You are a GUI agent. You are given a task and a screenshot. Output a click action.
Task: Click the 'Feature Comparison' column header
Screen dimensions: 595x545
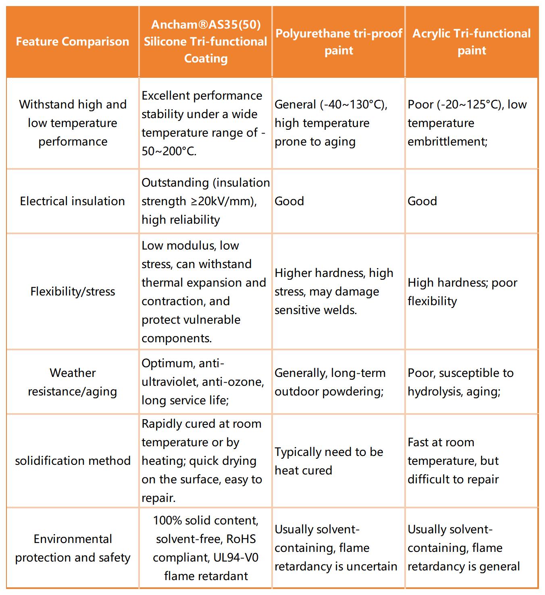click(73, 42)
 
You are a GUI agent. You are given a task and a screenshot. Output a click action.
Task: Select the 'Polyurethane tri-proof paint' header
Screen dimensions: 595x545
click(339, 42)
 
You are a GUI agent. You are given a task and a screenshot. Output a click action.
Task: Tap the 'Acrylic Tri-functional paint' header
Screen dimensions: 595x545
click(472, 42)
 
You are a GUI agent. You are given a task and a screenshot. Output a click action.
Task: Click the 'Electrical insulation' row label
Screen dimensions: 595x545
click(73, 201)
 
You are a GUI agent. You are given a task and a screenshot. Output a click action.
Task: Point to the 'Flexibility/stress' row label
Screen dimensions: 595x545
click(73, 291)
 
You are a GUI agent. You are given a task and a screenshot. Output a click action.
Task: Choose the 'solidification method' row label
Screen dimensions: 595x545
click(73, 461)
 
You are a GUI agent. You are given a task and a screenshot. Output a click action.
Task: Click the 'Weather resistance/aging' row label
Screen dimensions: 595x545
click(73, 382)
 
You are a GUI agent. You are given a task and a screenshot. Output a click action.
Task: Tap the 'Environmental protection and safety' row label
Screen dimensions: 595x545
click(73, 548)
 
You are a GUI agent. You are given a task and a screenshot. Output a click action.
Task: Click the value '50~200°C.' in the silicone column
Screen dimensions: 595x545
click(169, 152)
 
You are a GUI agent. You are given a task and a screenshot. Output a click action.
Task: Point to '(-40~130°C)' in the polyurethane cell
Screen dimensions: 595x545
click(354, 105)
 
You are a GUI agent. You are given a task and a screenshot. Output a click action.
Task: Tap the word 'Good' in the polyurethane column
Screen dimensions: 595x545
click(289, 201)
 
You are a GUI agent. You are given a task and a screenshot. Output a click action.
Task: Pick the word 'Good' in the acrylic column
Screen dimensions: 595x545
click(422, 201)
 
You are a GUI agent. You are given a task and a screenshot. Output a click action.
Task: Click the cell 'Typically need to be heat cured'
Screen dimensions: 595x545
click(329, 461)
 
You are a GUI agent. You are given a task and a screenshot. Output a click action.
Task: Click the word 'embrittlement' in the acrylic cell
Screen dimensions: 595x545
click(447, 142)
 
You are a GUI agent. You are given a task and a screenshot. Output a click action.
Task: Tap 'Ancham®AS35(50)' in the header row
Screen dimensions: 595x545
click(206, 25)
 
